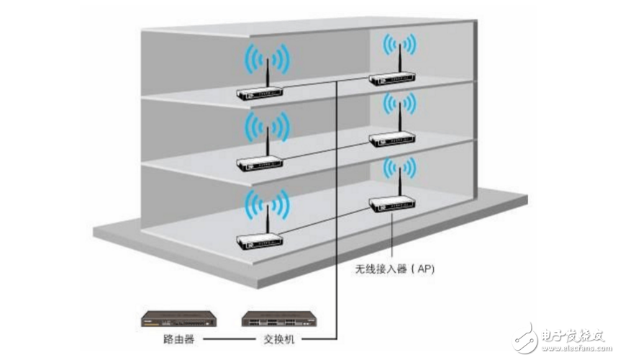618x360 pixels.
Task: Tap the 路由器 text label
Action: tap(179, 338)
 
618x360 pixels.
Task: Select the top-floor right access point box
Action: tap(388, 79)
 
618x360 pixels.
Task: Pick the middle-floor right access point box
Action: tap(388, 138)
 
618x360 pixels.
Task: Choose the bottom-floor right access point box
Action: tap(388, 205)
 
